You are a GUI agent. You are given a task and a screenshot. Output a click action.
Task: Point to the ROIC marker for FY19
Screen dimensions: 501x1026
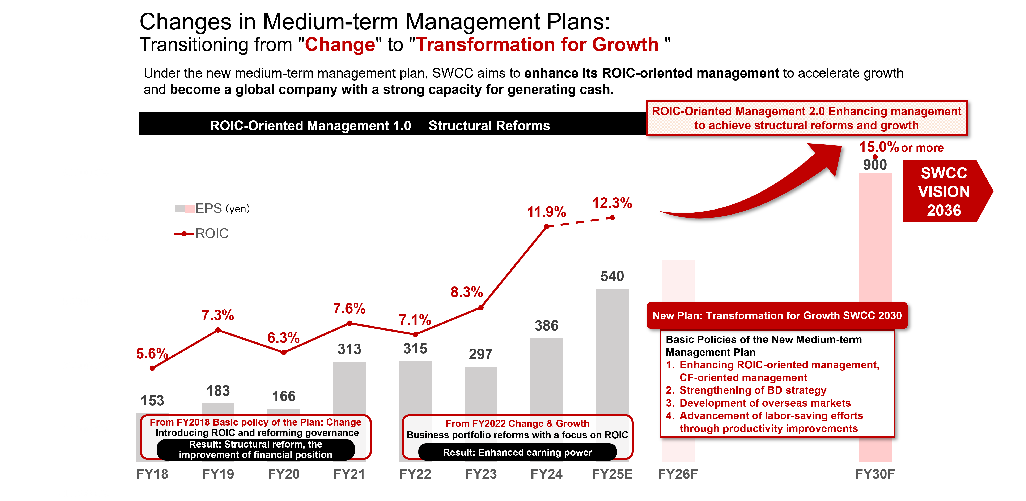pos(218,330)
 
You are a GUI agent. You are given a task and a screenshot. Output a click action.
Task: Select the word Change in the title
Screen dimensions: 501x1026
pos(340,45)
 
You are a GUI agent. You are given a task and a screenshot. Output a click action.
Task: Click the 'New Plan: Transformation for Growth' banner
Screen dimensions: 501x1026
pos(777,316)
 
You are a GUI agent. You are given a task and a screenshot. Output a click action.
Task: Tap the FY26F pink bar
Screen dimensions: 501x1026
pos(678,281)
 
